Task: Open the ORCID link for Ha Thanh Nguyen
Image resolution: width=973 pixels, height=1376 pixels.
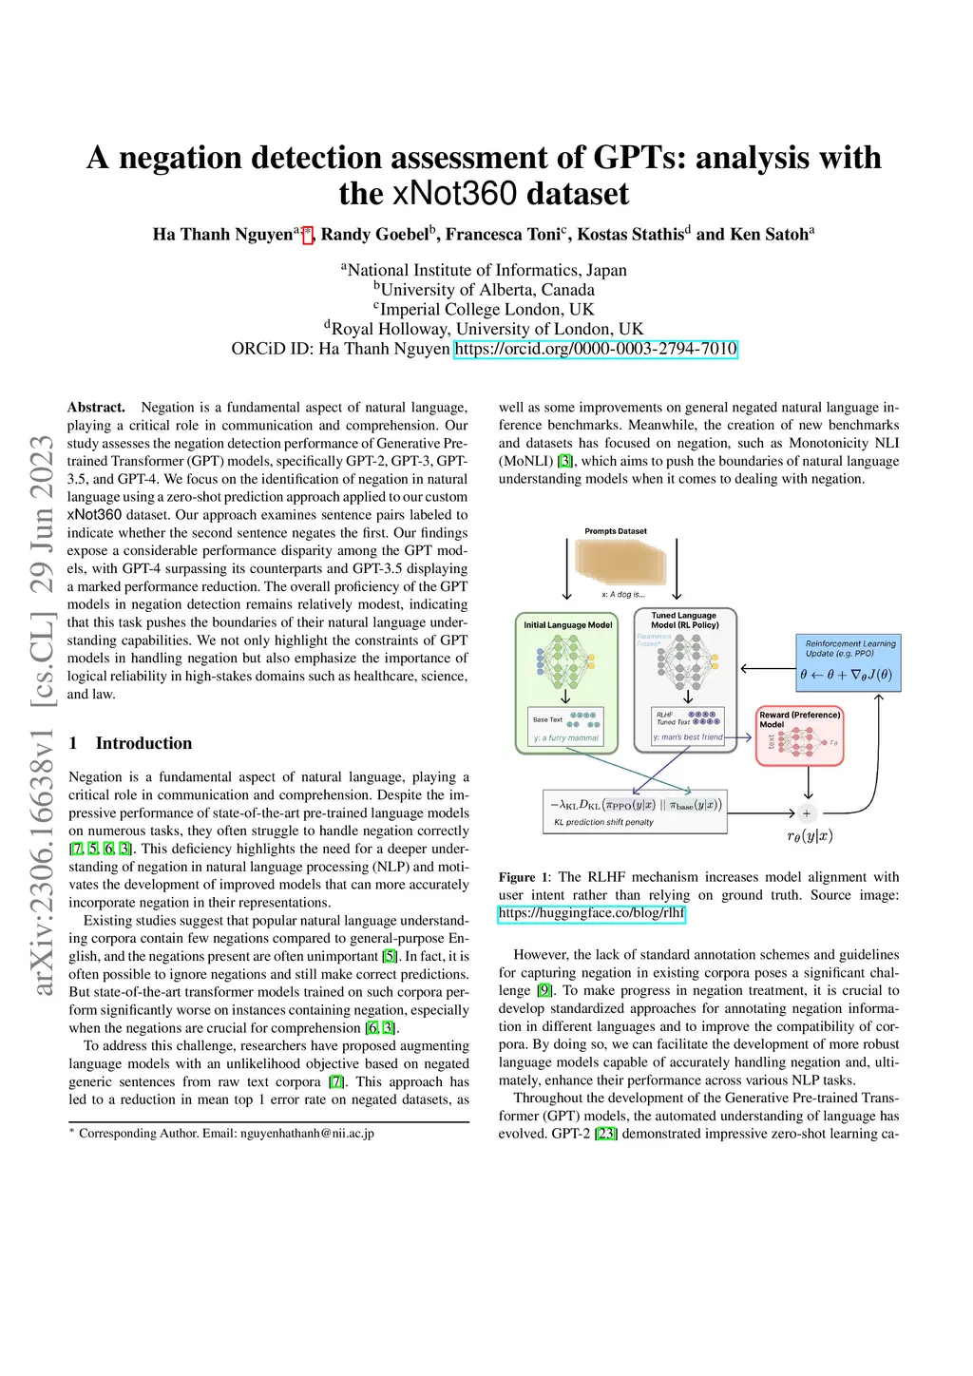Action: pyautogui.click(x=596, y=349)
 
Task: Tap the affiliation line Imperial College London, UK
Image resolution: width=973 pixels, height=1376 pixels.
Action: pyautogui.click(x=486, y=310)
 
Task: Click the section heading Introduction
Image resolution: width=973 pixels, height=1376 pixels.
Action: pyautogui.click(x=143, y=743)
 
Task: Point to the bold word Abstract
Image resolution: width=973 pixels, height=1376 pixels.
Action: pyautogui.click(x=96, y=407)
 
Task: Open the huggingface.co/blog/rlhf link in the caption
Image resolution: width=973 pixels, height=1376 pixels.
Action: pyautogui.click(x=591, y=913)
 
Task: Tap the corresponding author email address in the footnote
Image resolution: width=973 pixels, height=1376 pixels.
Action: pyautogui.click(x=307, y=1133)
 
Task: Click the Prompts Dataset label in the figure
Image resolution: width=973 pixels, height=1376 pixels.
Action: pyautogui.click(x=616, y=531)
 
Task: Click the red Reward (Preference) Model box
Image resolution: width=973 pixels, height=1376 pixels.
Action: pyautogui.click(x=800, y=735)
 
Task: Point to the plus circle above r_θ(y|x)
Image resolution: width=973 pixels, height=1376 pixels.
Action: pyautogui.click(x=807, y=813)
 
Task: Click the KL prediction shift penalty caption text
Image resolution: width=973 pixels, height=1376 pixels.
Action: pyautogui.click(x=603, y=822)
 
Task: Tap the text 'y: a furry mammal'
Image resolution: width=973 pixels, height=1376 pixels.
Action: pyautogui.click(x=566, y=737)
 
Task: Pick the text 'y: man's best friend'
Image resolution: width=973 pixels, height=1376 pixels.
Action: pyautogui.click(x=689, y=737)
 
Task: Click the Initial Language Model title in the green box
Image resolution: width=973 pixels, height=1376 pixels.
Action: pyautogui.click(x=567, y=625)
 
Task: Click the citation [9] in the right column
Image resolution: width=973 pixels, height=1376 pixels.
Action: pyautogui.click(x=544, y=990)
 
